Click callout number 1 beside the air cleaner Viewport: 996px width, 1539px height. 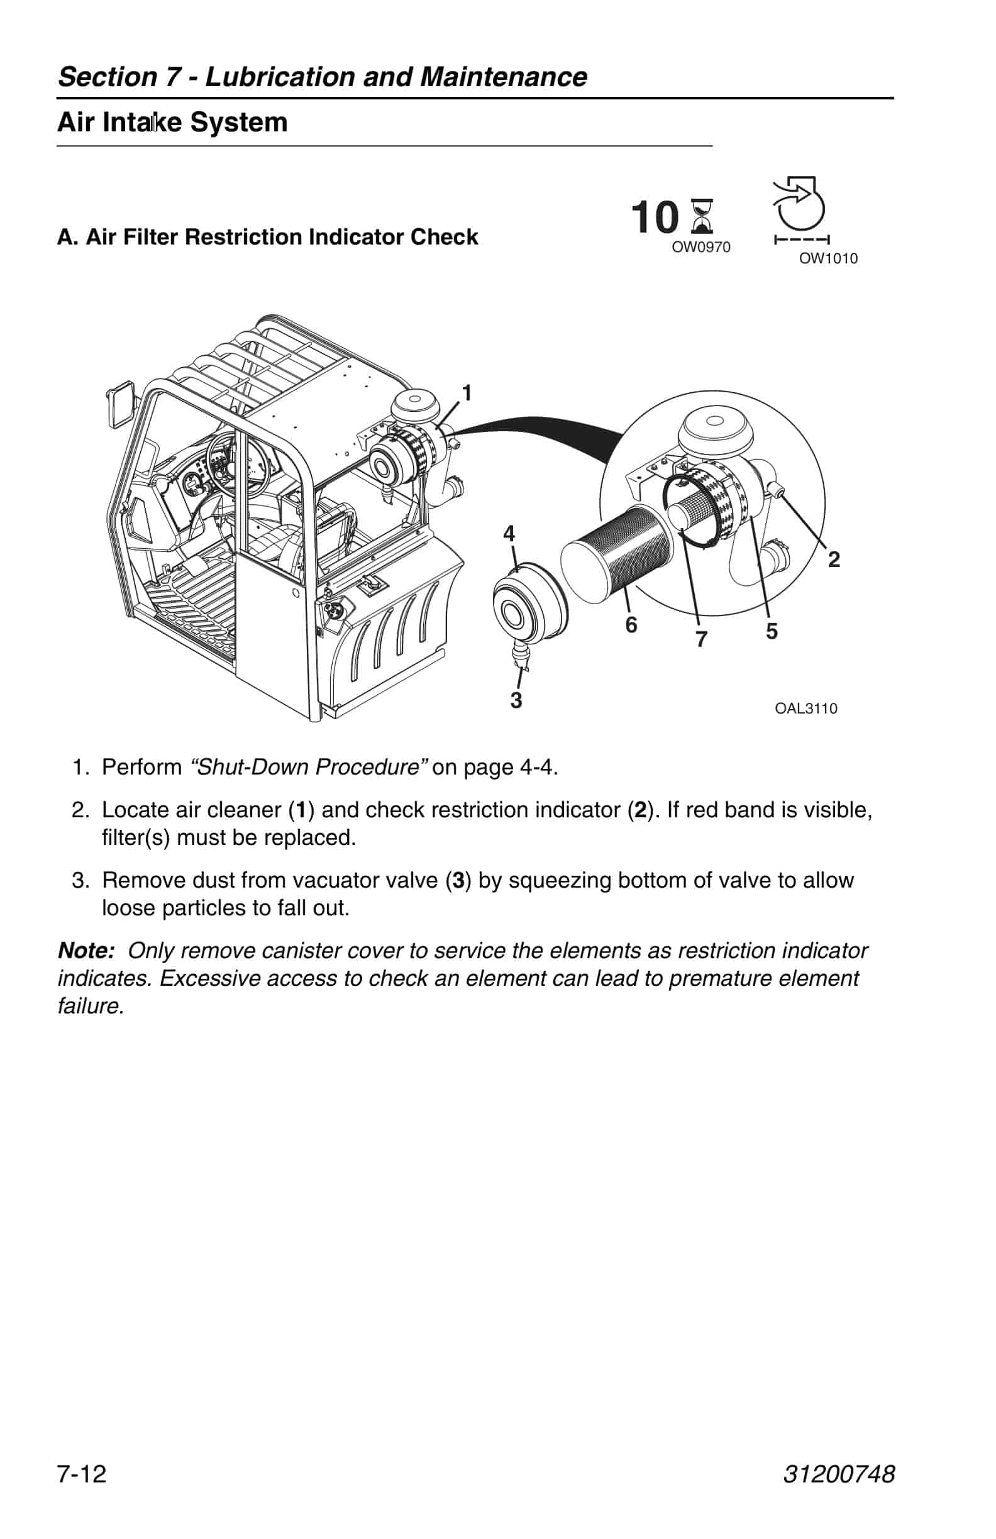coord(467,393)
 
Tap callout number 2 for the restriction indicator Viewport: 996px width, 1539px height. coord(834,559)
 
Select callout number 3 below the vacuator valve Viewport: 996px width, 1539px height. coord(516,700)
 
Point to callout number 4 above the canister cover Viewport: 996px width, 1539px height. coord(509,534)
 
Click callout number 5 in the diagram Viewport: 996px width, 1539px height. coord(772,631)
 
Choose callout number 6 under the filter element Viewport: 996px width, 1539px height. coord(631,625)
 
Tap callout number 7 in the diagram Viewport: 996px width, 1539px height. coord(702,639)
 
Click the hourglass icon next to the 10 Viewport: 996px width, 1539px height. coord(702,216)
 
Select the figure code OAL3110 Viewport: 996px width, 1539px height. coord(806,709)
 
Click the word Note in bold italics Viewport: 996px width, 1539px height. coord(86,951)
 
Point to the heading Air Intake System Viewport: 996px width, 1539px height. coord(173,122)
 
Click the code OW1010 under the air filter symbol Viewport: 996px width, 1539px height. coord(828,258)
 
